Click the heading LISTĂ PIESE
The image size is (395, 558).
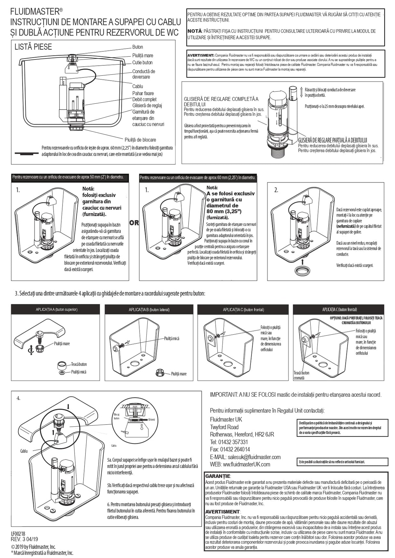pyautogui.click(x=33, y=47)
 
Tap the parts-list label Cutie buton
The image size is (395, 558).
pyautogui.click(x=142, y=62)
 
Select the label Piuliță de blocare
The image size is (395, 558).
pyautogui.click(x=140, y=140)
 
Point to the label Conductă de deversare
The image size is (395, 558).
pyautogui.click(x=143, y=74)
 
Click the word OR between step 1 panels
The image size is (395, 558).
pyautogui.click(x=134, y=223)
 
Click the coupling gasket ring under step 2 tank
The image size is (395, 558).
pyautogui.click(x=302, y=271)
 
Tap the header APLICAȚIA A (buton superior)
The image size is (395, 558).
pyautogui.click(x=57, y=310)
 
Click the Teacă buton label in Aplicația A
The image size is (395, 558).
pyautogui.click(x=79, y=364)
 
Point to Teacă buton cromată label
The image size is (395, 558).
pyautogui.click(x=301, y=375)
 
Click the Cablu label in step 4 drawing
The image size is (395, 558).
pyautogui.click(x=24, y=451)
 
